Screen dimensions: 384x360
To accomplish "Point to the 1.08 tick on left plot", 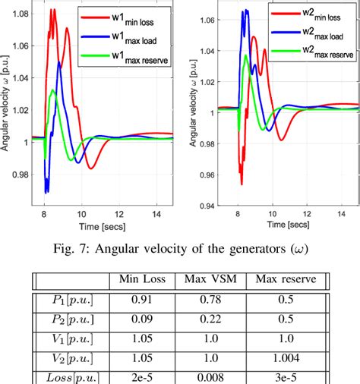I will coord(17,14).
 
